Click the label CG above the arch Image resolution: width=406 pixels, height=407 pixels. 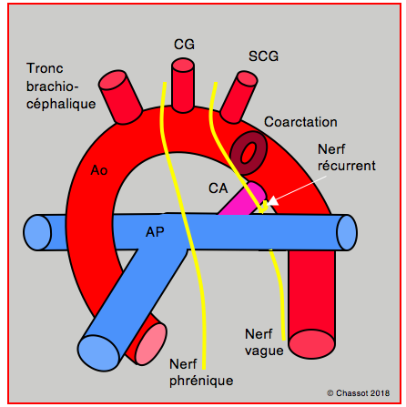coord(184,45)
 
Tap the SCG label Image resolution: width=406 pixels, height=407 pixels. coord(263,56)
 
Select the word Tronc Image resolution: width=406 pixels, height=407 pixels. coord(45,68)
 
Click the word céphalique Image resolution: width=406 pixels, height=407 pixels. coord(61,104)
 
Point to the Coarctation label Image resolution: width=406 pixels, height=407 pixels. coord(300,122)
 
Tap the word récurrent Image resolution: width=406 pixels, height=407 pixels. coord(347,166)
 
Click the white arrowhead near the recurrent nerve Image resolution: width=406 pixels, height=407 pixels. coord(272,201)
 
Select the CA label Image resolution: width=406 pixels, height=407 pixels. coord(218,188)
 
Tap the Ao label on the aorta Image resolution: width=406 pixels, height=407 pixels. coord(99,170)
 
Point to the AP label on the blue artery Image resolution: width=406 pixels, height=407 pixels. coord(155,232)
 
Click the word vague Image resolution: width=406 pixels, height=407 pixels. coord(264,351)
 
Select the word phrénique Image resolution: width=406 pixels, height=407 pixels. coord(201,382)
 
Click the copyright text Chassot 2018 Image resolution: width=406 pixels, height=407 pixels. coord(358,393)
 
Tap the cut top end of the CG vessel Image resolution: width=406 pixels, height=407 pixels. coord(183,65)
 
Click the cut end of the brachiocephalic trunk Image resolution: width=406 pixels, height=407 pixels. coord(112,80)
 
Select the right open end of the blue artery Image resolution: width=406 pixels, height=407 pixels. coord(347,232)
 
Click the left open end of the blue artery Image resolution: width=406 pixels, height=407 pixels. coord(37,232)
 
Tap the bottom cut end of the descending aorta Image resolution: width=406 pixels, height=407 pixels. coord(311,344)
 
